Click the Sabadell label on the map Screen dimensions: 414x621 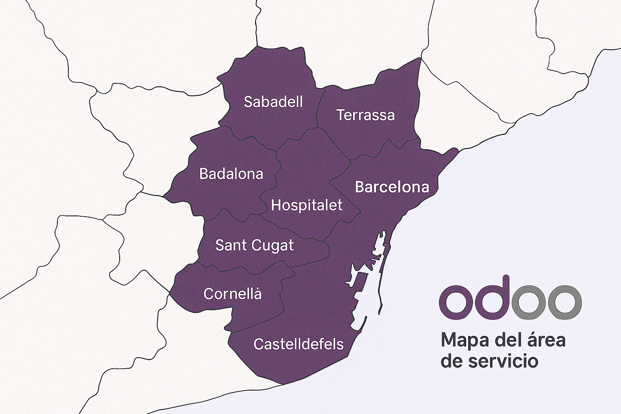click(x=273, y=102)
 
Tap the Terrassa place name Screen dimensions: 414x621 click(x=365, y=115)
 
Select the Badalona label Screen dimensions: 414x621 click(x=231, y=174)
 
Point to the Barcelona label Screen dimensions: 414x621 click(x=392, y=187)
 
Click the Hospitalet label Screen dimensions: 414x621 click(x=306, y=205)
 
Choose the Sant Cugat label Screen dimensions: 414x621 click(x=254, y=245)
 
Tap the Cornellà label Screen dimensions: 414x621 click(x=232, y=294)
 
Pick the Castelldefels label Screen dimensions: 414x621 click(x=298, y=344)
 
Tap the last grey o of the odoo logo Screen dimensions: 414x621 click(x=564, y=302)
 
